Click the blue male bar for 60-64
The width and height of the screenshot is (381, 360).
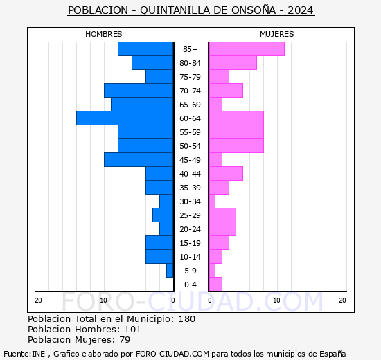pyautogui.click(x=125, y=118)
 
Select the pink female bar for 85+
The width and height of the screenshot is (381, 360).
pyautogui.click(x=246, y=49)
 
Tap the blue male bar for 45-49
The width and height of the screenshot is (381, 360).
pyautogui.click(x=139, y=160)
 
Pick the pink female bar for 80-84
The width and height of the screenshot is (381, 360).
pyautogui.click(x=232, y=63)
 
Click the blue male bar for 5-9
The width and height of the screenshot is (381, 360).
pyautogui.click(x=170, y=271)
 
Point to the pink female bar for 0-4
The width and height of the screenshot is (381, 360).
pyautogui.click(x=215, y=285)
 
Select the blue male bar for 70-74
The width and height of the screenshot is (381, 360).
pyautogui.click(x=139, y=91)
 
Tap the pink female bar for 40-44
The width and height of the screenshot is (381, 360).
pyautogui.click(x=225, y=174)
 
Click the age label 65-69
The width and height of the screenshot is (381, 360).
pyautogui.click(x=190, y=105)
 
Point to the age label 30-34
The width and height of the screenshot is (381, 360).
pyautogui.click(x=190, y=201)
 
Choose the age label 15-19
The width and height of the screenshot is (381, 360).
pyautogui.click(x=190, y=243)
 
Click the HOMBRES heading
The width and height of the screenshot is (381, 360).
pyautogui.click(x=104, y=34)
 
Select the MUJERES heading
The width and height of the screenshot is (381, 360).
pyautogui.click(x=277, y=34)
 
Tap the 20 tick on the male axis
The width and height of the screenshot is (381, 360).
pyautogui.click(x=39, y=300)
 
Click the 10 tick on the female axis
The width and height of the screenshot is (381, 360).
pyautogui.click(x=276, y=300)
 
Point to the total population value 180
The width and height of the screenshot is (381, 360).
pyautogui.click(x=186, y=319)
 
